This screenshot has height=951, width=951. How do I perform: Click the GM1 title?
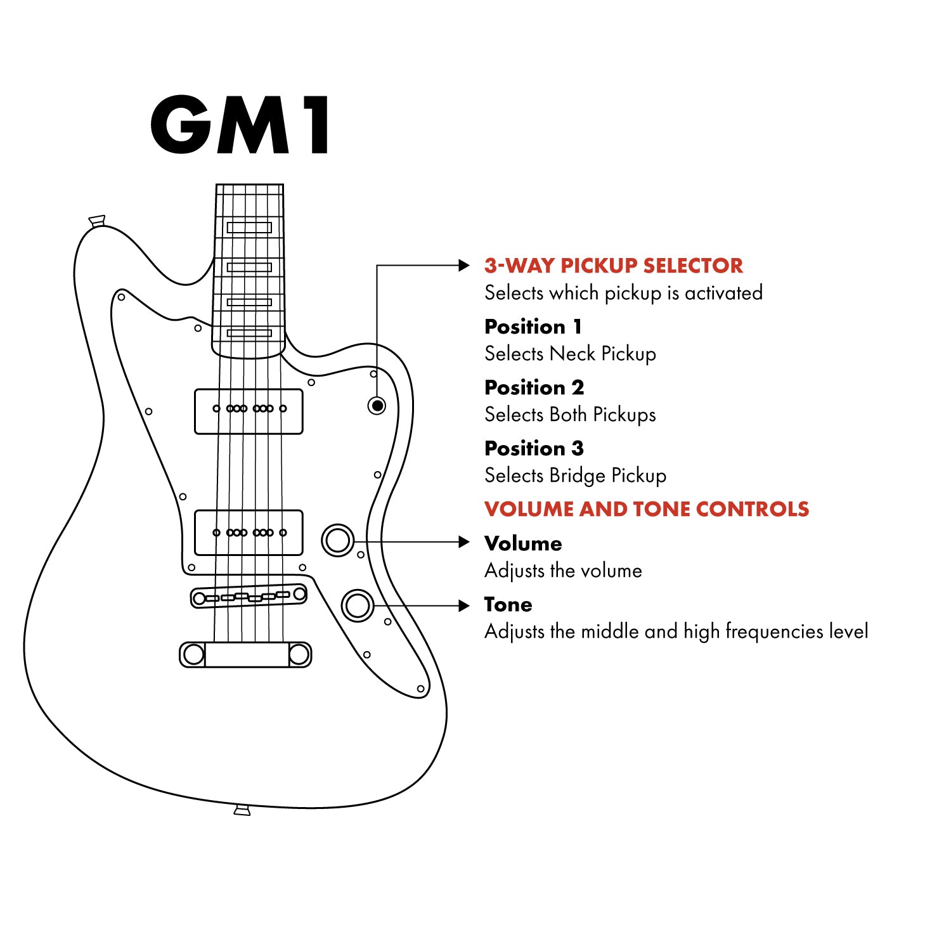tap(240, 124)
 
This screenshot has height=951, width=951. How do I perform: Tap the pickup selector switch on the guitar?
tap(377, 405)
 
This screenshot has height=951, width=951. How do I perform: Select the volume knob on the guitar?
tap(338, 540)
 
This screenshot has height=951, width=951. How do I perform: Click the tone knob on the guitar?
tap(358, 605)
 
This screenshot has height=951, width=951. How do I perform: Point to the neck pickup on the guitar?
tap(249, 411)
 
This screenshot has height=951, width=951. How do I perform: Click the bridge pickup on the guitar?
tap(249, 533)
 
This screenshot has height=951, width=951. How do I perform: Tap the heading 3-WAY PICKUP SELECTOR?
tap(613, 266)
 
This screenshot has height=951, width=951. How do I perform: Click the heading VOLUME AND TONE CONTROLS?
tap(647, 509)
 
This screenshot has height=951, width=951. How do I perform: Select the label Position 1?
tap(533, 327)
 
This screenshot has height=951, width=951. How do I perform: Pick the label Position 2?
tap(534, 387)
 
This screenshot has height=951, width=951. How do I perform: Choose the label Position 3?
tap(534, 448)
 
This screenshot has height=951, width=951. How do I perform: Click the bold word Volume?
tap(523, 543)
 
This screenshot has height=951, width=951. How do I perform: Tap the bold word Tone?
tap(508, 604)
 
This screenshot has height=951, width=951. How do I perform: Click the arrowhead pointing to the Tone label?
tap(464, 606)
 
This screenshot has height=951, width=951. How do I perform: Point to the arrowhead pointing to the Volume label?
tap(464, 542)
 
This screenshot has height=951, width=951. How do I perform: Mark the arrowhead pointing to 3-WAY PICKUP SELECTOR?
tap(464, 266)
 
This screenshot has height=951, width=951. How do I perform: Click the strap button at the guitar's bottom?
tap(242, 810)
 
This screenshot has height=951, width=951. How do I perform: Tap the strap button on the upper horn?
tap(97, 221)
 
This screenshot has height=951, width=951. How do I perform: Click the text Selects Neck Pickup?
tap(570, 354)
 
